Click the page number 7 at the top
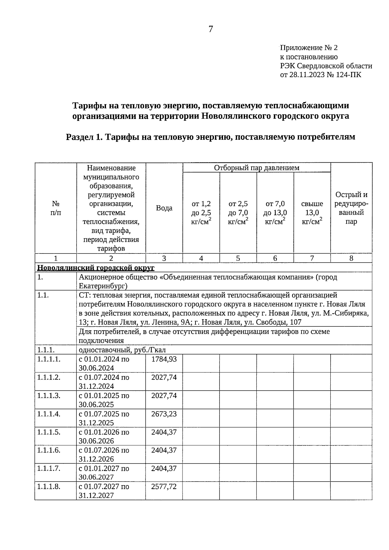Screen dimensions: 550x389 pos(211,29)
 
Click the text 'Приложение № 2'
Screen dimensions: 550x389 pos(309,48)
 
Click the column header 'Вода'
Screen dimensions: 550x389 pos(164,208)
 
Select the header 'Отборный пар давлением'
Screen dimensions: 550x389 pos(256,168)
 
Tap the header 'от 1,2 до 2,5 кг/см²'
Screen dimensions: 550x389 pos(201,213)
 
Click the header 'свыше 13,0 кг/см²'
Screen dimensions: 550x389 pos(312,213)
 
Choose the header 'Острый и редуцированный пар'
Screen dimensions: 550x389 pos(351,208)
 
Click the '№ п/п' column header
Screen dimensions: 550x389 pos(55,208)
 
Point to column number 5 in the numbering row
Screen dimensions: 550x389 pos(238,258)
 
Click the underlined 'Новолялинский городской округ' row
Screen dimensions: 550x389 pos(96,268)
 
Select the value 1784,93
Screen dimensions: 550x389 pos(164,359)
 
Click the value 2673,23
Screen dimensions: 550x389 pos(164,414)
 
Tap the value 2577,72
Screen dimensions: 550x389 pos(164,487)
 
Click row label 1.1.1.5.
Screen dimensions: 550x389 pos(49,432)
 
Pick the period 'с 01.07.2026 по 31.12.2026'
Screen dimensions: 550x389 pos(104,454)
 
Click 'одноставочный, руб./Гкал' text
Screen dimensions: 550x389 pos(122,350)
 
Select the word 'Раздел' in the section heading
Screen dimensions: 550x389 pos(79,137)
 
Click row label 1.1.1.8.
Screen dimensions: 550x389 pos(49,487)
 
